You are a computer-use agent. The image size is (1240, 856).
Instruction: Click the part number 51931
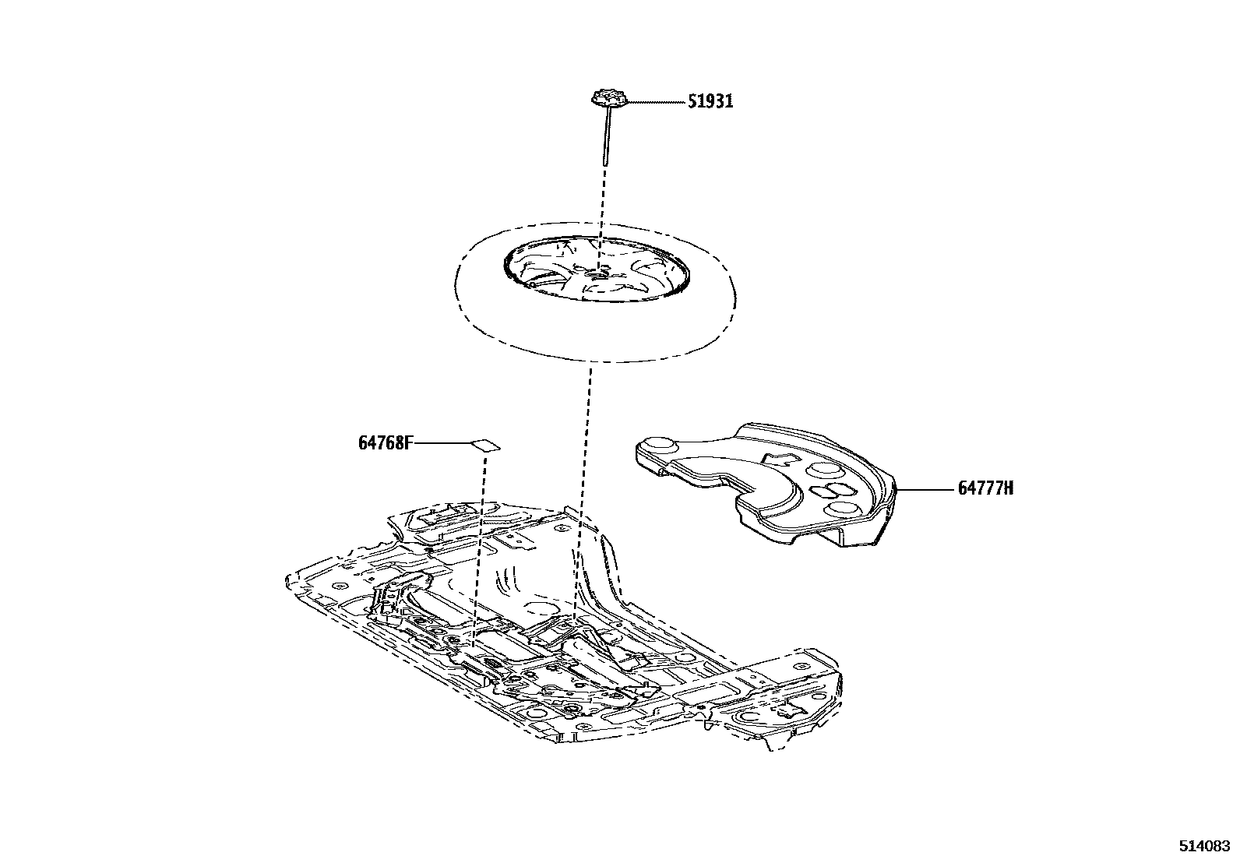tap(710, 102)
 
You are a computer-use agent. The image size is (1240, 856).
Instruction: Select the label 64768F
tap(385, 443)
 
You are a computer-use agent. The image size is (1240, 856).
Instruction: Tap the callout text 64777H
tap(985, 489)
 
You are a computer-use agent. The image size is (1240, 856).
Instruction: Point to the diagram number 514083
tap(1203, 845)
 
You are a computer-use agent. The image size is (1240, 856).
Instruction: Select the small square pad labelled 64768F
tap(485, 445)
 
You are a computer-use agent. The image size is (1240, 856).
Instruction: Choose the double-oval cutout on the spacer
tap(831, 490)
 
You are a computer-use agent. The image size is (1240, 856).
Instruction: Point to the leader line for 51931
tap(654, 102)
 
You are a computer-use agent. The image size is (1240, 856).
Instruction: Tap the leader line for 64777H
tap(927, 489)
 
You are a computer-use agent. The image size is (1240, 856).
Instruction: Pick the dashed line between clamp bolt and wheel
tap(601, 203)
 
